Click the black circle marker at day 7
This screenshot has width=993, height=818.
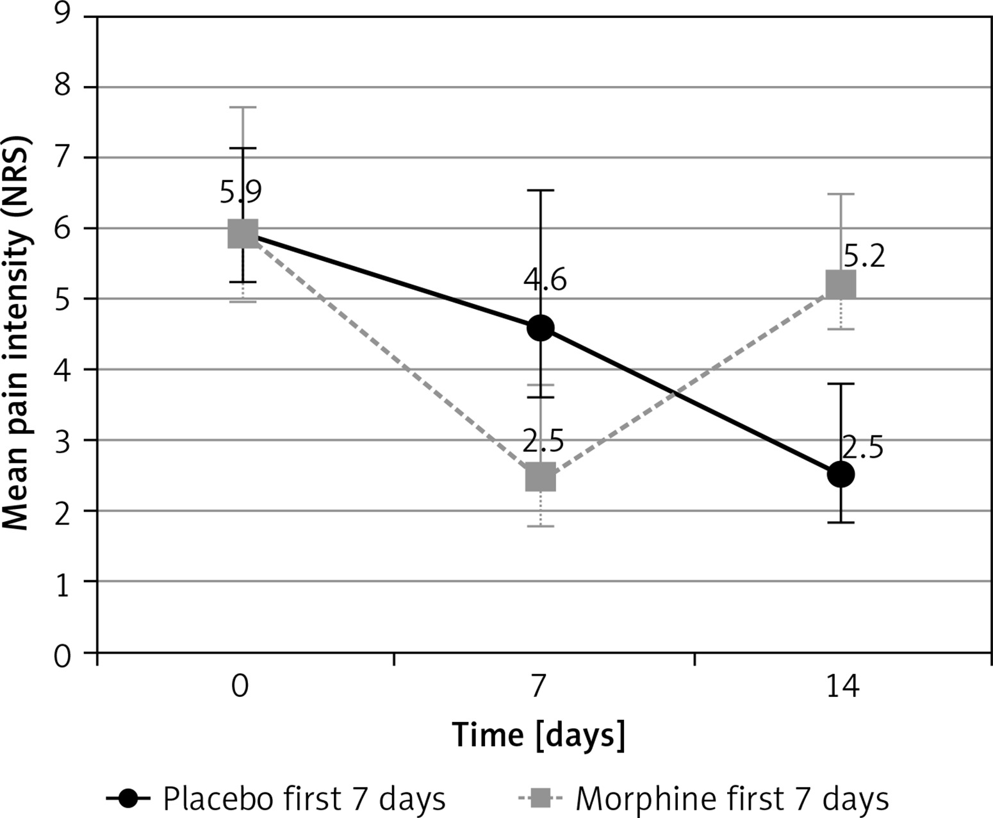pos(541,328)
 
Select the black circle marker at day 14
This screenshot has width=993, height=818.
pos(841,474)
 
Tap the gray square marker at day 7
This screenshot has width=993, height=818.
pos(541,477)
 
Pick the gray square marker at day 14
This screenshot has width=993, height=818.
pos(841,284)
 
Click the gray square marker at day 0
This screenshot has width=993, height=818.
pos(243,233)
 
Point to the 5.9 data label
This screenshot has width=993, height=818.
pos(241,191)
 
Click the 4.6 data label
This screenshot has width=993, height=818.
pos(545,280)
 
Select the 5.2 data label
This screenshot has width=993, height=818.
pos(864,256)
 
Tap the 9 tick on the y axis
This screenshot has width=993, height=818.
pos(62,14)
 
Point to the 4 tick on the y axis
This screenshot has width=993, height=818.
pos(62,371)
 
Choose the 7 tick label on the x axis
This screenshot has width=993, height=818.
pos(538,687)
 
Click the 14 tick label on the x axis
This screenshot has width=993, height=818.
pos(841,687)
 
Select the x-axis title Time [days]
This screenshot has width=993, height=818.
pos(539,735)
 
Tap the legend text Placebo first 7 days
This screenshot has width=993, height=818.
pos(304,799)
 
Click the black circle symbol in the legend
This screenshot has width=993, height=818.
pos(128,799)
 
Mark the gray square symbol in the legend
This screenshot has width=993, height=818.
pos(539,799)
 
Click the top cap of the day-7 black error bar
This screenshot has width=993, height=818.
pos(541,190)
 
